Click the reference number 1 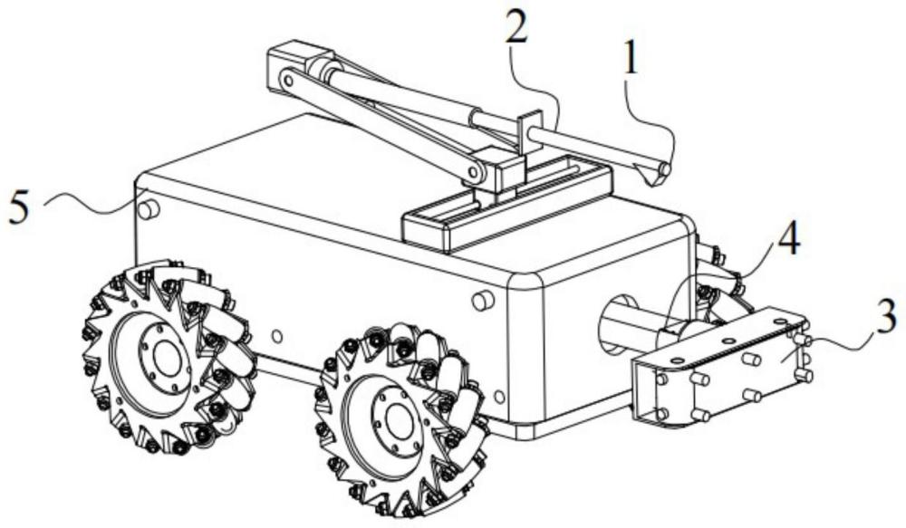[631, 60]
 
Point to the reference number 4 [788, 238]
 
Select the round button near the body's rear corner [149, 208]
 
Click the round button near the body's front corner [483, 300]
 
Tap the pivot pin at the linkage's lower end [475, 172]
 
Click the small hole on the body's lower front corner [499, 398]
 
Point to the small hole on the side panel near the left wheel [276, 336]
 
